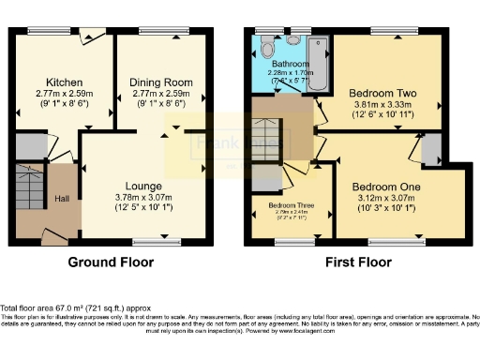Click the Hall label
pos(61,199)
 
